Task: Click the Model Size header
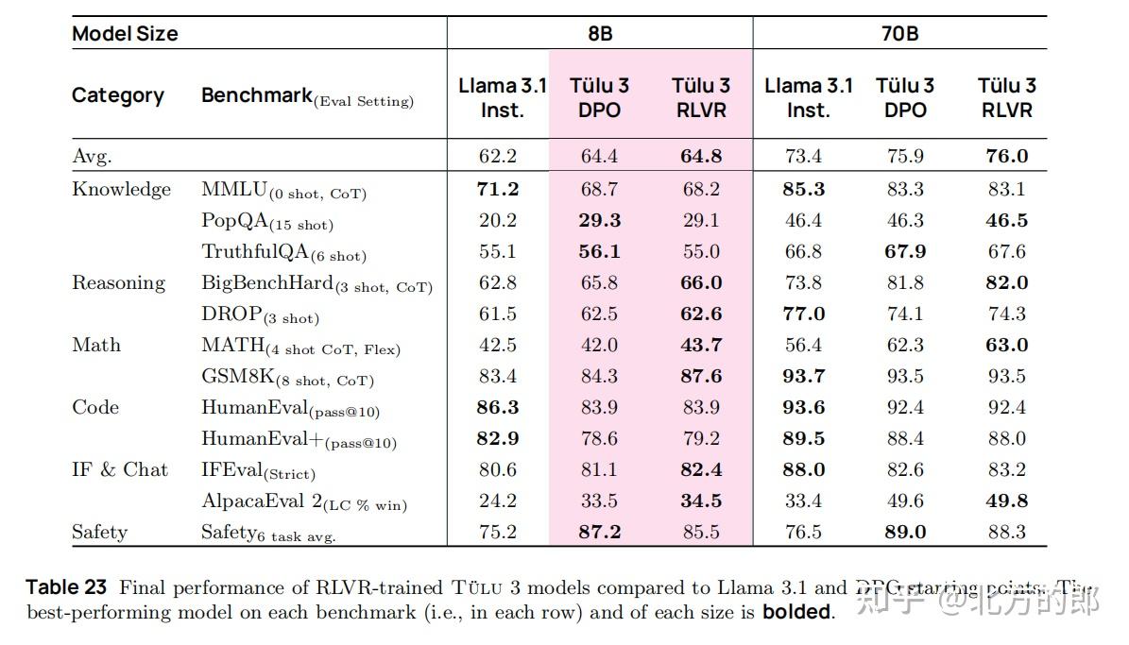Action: click(125, 34)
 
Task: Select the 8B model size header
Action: click(599, 34)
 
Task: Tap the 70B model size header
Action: click(899, 34)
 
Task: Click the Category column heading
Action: click(118, 95)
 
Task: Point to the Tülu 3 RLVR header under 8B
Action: click(700, 97)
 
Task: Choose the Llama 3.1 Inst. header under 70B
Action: click(808, 97)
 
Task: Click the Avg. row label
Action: click(92, 156)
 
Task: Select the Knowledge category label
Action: click(122, 189)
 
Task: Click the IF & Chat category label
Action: click(120, 469)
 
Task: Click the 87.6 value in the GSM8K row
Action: click(701, 376)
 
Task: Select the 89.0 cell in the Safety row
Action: click(904, 532)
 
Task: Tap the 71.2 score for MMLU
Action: click(498, 189)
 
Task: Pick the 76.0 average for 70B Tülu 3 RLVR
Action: click(1006, 156)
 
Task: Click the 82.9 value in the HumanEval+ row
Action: click(498, 438)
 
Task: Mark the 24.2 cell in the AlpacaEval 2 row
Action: click(498, 501)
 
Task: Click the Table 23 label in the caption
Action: click(65, 587)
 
